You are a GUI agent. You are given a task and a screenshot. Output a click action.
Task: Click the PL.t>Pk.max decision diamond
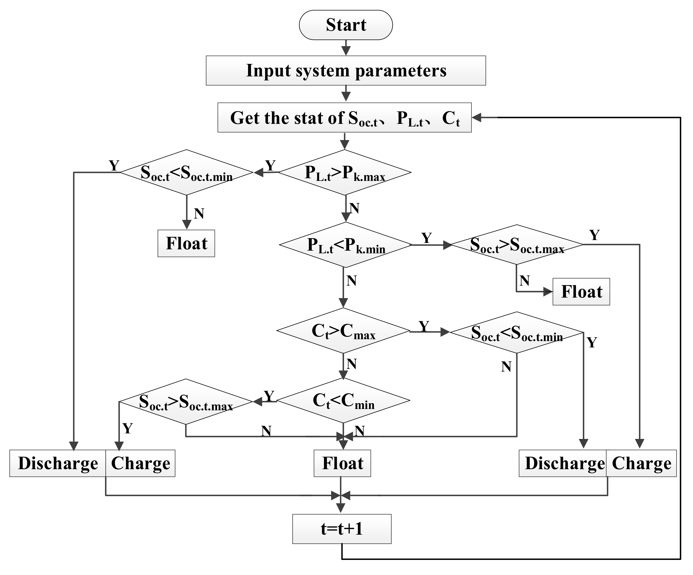click(x=345, y=172)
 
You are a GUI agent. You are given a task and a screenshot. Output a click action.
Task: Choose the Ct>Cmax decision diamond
click(x=343, y=330)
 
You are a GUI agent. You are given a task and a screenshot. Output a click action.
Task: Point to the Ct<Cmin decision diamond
click(x=343, y=400)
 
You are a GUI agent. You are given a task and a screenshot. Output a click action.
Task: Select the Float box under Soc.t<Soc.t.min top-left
click(x=186, y=243)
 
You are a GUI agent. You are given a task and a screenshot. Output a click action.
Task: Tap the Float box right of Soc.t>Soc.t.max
click(x=581, y=292)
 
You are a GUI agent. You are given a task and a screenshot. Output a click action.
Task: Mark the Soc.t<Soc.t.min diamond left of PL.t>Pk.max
click(x=187, y=172)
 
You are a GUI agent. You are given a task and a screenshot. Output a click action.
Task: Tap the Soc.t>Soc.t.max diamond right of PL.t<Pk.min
click(x=517, y=245)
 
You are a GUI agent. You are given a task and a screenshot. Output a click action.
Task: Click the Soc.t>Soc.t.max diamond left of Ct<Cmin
click(x=186, y=402)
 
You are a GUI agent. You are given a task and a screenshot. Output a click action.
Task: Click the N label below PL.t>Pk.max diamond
click(x=354, y=208)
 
